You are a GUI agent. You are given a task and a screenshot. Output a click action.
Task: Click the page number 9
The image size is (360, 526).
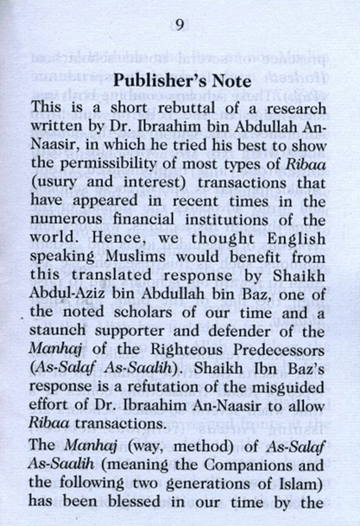point(179,23)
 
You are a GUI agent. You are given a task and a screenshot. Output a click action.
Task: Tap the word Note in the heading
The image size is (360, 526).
point(222,81)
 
